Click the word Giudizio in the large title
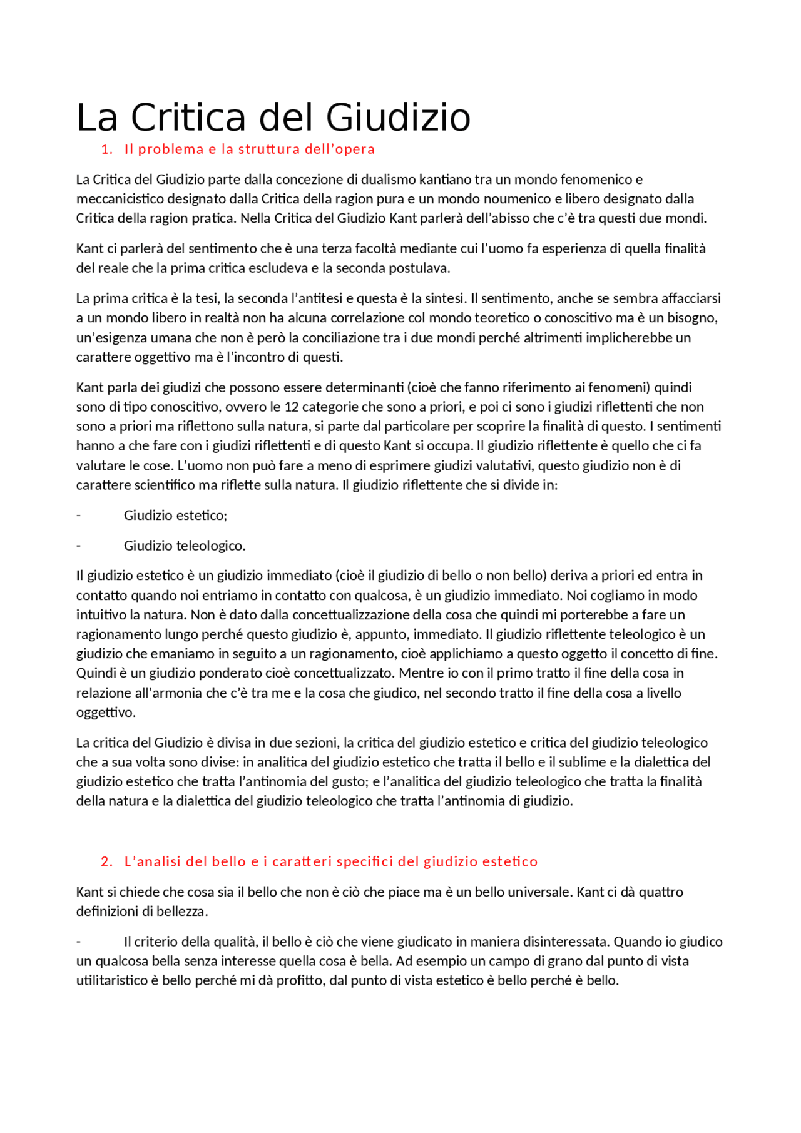pyautogui.click(x=398, y=118)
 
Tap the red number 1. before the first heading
pyautogui.click(x=106, y=150)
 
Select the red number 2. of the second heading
pyautogui.click(x=106, y=861)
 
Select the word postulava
pyautogui.click(x=419, y=268)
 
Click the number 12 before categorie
pyautogui.click(x=292, y=407)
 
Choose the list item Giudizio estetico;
pyautogui.click(x=175, y=516)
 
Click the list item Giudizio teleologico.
pyautogui.click(x=185, y=546)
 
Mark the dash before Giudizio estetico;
pyautogui.click(x=79, y=516)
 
